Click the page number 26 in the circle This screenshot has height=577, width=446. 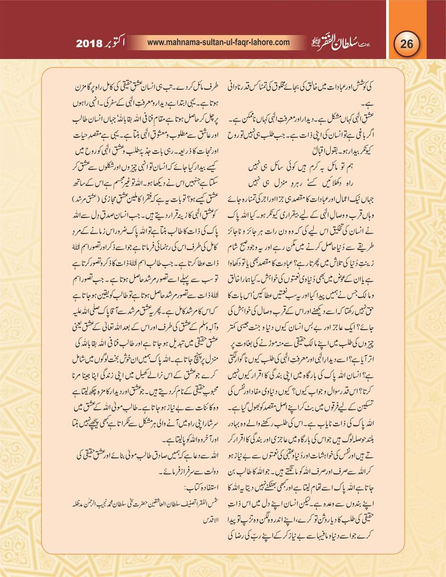tap(407, 44)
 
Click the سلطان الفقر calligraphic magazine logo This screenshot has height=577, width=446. tap(340, 43)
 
